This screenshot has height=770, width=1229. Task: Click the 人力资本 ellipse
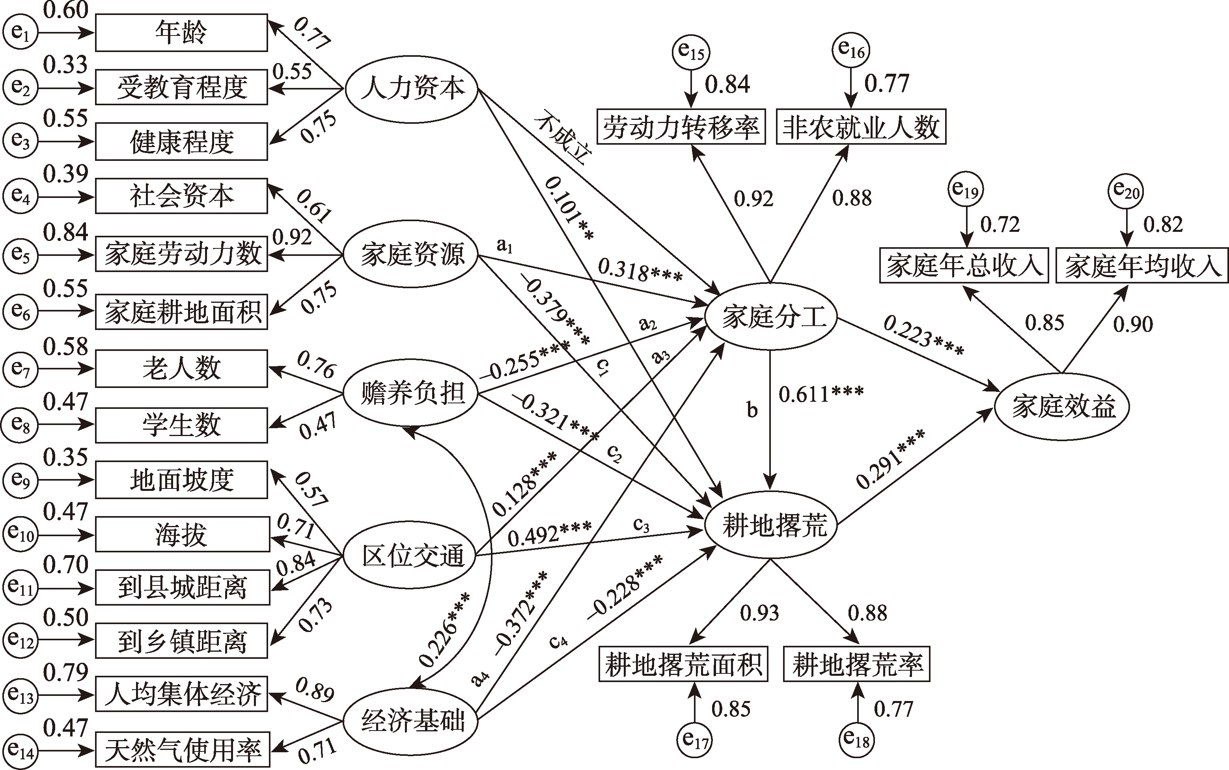412,88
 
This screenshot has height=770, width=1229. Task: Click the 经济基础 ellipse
412,721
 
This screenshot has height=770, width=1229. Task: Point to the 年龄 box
181,33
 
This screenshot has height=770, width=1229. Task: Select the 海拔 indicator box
182,534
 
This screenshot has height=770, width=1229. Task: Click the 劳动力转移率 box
681,127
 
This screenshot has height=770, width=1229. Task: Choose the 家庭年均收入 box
1142,265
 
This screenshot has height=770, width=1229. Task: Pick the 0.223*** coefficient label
923,337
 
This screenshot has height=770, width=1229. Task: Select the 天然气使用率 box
182,749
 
